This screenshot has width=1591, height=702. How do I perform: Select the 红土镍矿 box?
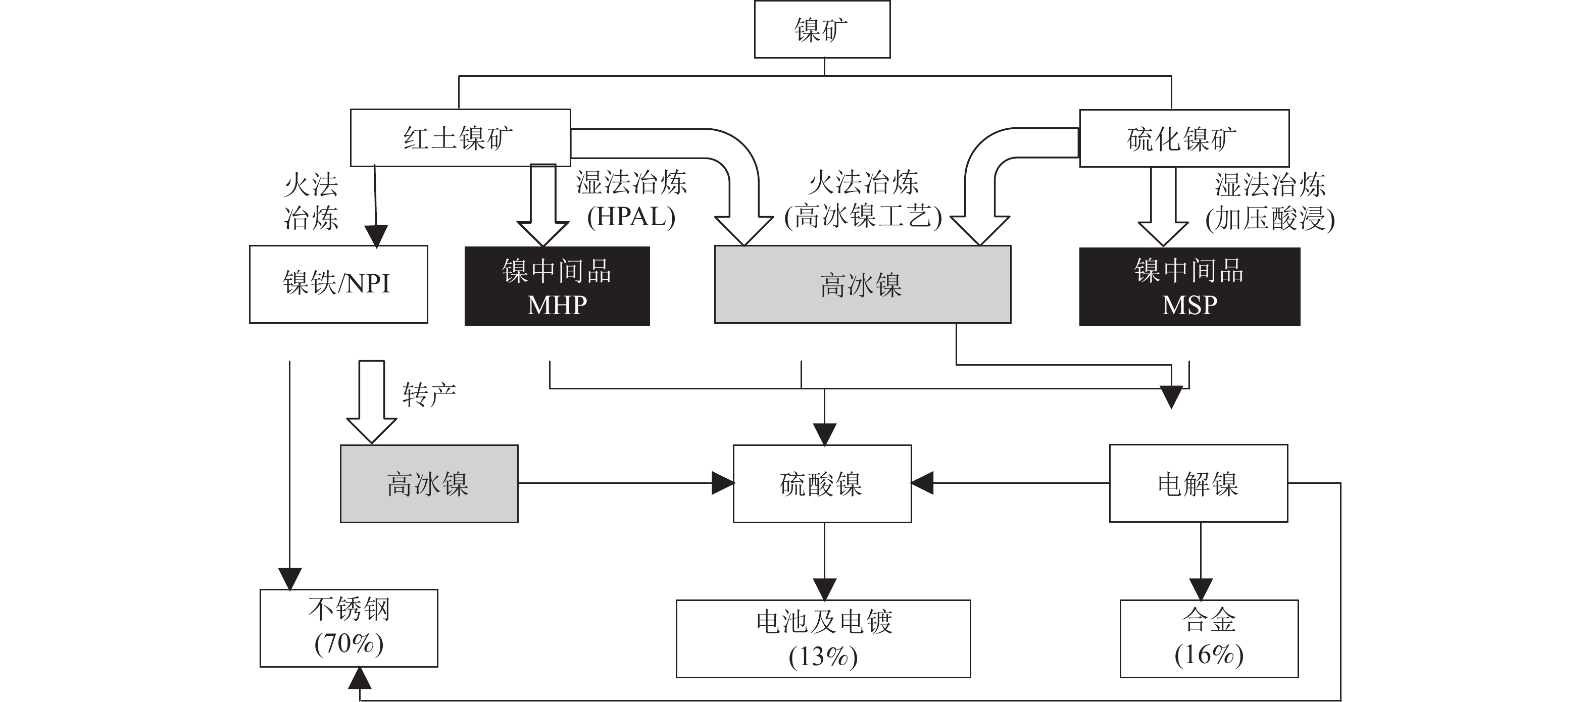pos(460,138)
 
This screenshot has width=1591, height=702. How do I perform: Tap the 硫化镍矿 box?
pos(1184,138)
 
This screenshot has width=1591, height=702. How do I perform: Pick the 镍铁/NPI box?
pos(338,284)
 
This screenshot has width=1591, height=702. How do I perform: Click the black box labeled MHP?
pos(557,286)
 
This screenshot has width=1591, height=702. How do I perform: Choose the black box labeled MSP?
pos(1189,286)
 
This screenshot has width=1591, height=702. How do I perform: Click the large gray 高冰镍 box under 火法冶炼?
pos(862,284)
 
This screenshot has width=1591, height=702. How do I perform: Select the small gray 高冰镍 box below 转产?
pos(429,483)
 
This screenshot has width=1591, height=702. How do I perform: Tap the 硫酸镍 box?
pos(822,483)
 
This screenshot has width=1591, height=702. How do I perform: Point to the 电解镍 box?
pos(1198,483)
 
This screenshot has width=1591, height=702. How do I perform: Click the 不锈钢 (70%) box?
pos(349,628)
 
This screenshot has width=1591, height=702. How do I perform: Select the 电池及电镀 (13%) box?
pos(823,638)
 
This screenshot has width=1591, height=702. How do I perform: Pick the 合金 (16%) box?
pos(1209,638)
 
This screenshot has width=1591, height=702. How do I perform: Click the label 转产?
pos(429,394)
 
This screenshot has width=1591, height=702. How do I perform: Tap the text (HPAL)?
pos(631,217)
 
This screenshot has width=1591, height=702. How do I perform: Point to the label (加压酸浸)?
pos(1270,219)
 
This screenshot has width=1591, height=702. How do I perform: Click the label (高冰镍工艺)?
pos(863,217)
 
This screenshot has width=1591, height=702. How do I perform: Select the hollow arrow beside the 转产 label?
pos(371,402)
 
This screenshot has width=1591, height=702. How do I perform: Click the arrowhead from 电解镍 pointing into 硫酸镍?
pos(922,483)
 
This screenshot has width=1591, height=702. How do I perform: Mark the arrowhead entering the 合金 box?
pos(1201,589)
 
